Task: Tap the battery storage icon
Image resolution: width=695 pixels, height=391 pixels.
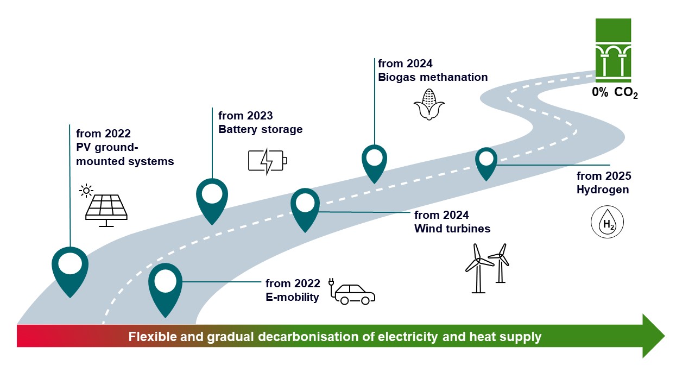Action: (x=268, y=161)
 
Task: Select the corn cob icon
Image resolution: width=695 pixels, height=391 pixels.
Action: (x=429, y=105)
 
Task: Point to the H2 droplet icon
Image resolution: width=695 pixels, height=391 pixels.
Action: (x=607, y=222)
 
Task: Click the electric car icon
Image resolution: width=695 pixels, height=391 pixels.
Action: (x=352, y=291)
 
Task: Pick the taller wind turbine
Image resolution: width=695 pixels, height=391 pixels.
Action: (x=479, y=268)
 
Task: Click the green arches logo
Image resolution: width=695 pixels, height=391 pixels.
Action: (x=614, y=51)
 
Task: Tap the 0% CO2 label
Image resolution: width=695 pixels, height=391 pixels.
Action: (x=615, y=92)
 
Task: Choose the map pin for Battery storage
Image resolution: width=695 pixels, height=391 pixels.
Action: (x=212, y=201)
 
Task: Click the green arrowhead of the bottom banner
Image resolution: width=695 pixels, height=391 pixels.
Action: (x=653, y=336)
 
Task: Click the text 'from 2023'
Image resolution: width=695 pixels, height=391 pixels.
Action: (x=245, y=116)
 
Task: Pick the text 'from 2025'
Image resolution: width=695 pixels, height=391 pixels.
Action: (x=604, y=175)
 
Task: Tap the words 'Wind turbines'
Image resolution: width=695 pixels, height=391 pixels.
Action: (x=452, y=229)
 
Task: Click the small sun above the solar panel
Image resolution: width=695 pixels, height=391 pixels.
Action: (x=86, y=191)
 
